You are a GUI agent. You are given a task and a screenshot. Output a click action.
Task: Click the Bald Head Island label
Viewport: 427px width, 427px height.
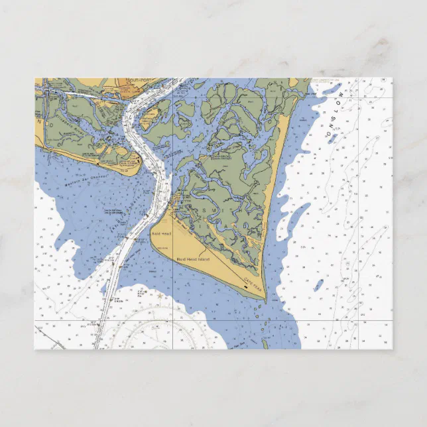192,259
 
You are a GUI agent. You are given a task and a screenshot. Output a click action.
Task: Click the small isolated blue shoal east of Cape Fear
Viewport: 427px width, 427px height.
319,286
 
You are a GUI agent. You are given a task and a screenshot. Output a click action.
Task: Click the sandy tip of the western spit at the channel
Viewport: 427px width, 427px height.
138,161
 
